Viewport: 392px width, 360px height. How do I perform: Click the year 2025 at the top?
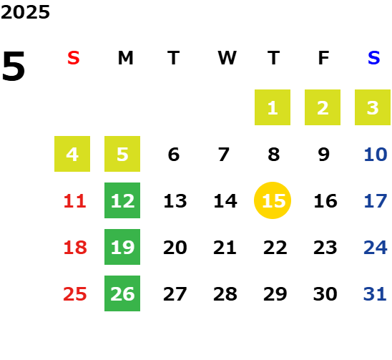point(25,12)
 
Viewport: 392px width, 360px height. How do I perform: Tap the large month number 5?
point(14,66)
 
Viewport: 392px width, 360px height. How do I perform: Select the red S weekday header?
point(74,58)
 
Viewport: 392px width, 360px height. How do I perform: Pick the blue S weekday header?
point(373,58)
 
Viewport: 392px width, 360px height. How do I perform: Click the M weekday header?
point(125,58)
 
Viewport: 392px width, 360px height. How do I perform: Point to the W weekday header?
point(227,58)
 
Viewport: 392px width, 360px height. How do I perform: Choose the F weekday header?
point(324,58)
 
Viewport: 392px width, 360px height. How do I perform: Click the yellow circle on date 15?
point(273,200)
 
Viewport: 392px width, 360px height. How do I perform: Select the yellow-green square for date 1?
point(273,107)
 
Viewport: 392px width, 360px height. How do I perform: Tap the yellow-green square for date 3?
point(373,107)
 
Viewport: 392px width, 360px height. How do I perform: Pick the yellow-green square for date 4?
point(72,154)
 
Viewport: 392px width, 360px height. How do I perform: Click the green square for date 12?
point(122,200)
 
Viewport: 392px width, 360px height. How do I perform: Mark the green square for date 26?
point(122,293)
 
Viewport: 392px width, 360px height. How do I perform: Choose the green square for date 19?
point(122,247)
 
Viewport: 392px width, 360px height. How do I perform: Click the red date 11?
point(75,201)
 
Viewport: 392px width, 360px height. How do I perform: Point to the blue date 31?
point(375,294)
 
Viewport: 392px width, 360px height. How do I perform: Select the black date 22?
point(275,248)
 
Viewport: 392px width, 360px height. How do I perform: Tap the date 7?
point(224,155)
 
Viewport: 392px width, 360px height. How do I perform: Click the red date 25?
point(75,294)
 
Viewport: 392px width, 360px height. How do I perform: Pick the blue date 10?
point(376,155)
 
